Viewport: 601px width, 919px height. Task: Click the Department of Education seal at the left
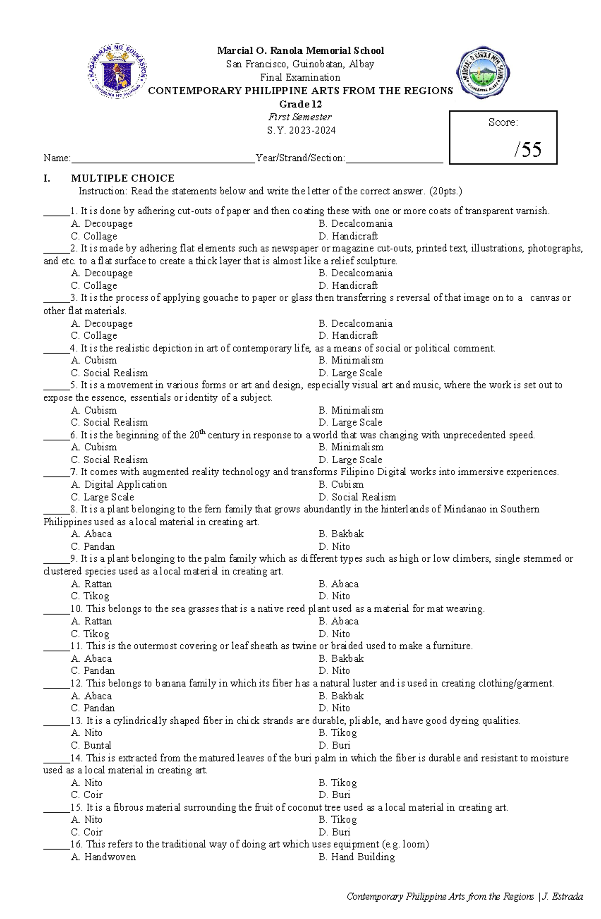tap(117, 71)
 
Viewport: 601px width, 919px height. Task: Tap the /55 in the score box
tap(528, 149)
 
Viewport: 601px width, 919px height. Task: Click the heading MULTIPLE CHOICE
tap(123, 178)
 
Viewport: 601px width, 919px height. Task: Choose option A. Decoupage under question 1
tap(102, 224)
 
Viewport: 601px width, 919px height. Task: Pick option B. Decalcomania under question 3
tap(355, 323)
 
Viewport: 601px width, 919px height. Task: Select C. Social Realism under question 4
tap(109, 373)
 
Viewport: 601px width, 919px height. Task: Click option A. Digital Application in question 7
tap(119, 484)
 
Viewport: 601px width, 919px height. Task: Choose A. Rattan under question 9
tap(91, 584)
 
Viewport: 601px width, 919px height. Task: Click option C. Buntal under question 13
tap(91, 745)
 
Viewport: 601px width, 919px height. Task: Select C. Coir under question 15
tap(86, 832)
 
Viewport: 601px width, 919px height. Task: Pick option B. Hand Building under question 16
tap(356, 857)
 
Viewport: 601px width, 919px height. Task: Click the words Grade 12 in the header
tap(300, 104)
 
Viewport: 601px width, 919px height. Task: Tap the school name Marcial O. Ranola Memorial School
tap(300, 51)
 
